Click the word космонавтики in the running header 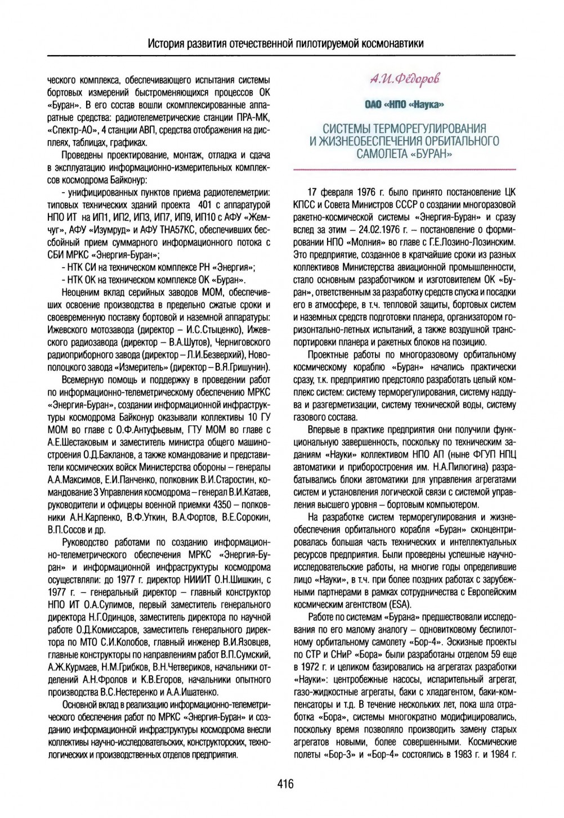(x=387, y=43)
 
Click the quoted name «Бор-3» (x=353, y=754)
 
